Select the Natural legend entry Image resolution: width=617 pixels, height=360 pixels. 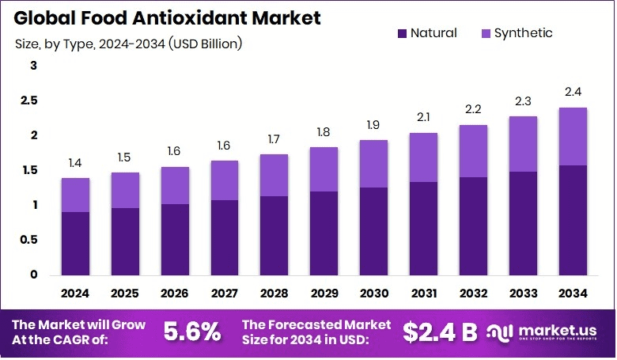pos(426,33)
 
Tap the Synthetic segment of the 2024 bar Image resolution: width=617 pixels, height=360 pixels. pos(75,195)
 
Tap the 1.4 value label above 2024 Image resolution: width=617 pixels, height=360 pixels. pos(75,162)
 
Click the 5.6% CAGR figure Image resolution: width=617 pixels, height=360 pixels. pos(192,332)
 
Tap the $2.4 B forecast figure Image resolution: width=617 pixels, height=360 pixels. pos(440,332)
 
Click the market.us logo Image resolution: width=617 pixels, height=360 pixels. pos(546,332)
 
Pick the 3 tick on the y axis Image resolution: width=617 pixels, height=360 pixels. pos(33,66)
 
